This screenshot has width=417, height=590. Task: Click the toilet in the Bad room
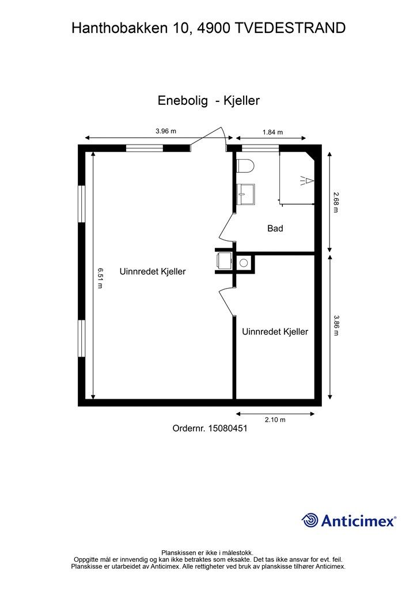245,165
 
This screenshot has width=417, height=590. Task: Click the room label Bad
275,229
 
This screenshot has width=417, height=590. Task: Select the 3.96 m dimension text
165,131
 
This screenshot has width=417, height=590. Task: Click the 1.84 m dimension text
272,132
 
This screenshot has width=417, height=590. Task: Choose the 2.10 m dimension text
275,420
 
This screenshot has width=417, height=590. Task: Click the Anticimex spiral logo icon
310,520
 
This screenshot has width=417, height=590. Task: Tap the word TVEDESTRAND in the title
291,28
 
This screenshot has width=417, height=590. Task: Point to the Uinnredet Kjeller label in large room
153,271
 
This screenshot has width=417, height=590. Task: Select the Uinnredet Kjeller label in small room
275,332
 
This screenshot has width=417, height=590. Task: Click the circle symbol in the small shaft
244,263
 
